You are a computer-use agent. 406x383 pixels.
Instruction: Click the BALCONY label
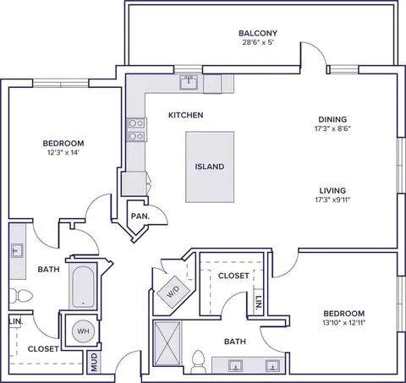point(258,33)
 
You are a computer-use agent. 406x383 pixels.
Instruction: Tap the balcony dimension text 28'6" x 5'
point(258,42)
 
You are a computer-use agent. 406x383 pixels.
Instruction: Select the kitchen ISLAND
point(210,167)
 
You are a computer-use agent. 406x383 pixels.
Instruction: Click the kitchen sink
point(189,82)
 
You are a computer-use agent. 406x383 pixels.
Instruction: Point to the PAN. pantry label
point(140,216)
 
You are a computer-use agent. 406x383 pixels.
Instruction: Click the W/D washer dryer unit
point(173,292)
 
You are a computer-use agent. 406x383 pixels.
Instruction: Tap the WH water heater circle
point(83,331)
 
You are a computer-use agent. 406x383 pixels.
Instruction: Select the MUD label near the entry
point(94,362)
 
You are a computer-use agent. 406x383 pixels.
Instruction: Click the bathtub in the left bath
point(83,287)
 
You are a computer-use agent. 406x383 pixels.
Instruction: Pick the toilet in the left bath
point(21,296)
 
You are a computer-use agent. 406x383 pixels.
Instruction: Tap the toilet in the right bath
point(198,361)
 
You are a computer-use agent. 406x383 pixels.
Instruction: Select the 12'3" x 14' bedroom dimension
point(63,153)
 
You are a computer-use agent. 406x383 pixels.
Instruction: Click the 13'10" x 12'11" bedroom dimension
point(344,323)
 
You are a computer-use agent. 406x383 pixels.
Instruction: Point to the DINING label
point(332,119)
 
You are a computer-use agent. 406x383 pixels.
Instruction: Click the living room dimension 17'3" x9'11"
point(332,200)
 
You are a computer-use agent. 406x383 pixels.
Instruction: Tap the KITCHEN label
point(186,115)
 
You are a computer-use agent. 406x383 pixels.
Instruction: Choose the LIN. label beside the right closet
point(259,303)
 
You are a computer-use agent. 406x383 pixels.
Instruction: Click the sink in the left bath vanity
point(17,250)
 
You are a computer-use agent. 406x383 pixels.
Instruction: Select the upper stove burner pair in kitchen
point(136,123)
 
